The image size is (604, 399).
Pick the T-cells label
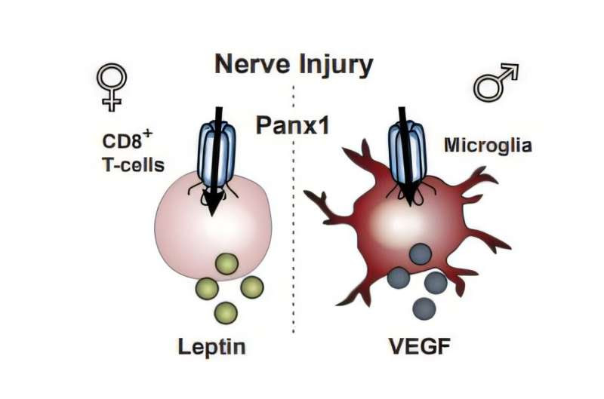point(134,164)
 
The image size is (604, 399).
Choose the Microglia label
point(488,145)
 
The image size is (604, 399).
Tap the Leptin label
point(212,346)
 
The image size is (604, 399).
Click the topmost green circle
point(226,263)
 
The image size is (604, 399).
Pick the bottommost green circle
point(226,312)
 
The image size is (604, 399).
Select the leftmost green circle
point(207,287)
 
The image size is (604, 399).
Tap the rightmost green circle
point(251,287)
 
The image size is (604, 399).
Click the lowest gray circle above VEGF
point(424,308)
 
